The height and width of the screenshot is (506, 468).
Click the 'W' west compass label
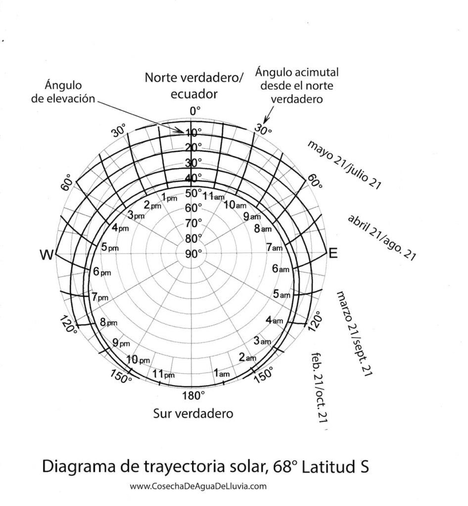pos(47,254)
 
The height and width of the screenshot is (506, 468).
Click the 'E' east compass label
pos(333,254)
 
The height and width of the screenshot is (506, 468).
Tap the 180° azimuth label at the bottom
pos(192,395)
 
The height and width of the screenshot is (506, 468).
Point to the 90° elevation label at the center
pos(193,254)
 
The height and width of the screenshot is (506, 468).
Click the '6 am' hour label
pos(281,269)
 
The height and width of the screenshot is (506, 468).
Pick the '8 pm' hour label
pos(108,323)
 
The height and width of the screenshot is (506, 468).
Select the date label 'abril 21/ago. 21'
pos(381,237)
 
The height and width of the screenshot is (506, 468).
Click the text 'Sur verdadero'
pos(193,413)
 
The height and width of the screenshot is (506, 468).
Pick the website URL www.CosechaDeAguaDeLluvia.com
pos(198,486)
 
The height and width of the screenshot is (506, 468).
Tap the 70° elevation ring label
pos(193,223)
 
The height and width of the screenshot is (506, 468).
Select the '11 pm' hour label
pos(164,374)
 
